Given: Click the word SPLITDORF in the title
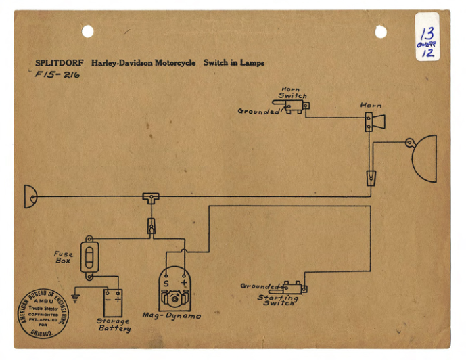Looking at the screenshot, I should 59,63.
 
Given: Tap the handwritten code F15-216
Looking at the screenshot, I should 57,75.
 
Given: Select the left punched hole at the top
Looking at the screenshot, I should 88,30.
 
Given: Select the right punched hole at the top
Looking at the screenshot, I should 381,31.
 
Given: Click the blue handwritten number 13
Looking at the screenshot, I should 427,33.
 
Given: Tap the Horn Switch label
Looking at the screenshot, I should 292,93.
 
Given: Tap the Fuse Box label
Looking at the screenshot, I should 64,258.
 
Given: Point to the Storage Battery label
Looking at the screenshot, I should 113,325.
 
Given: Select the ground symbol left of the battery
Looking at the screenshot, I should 76,298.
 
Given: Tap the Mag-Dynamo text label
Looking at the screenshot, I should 171,316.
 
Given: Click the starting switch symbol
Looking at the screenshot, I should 294,287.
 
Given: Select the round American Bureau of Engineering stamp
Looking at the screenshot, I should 43,313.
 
